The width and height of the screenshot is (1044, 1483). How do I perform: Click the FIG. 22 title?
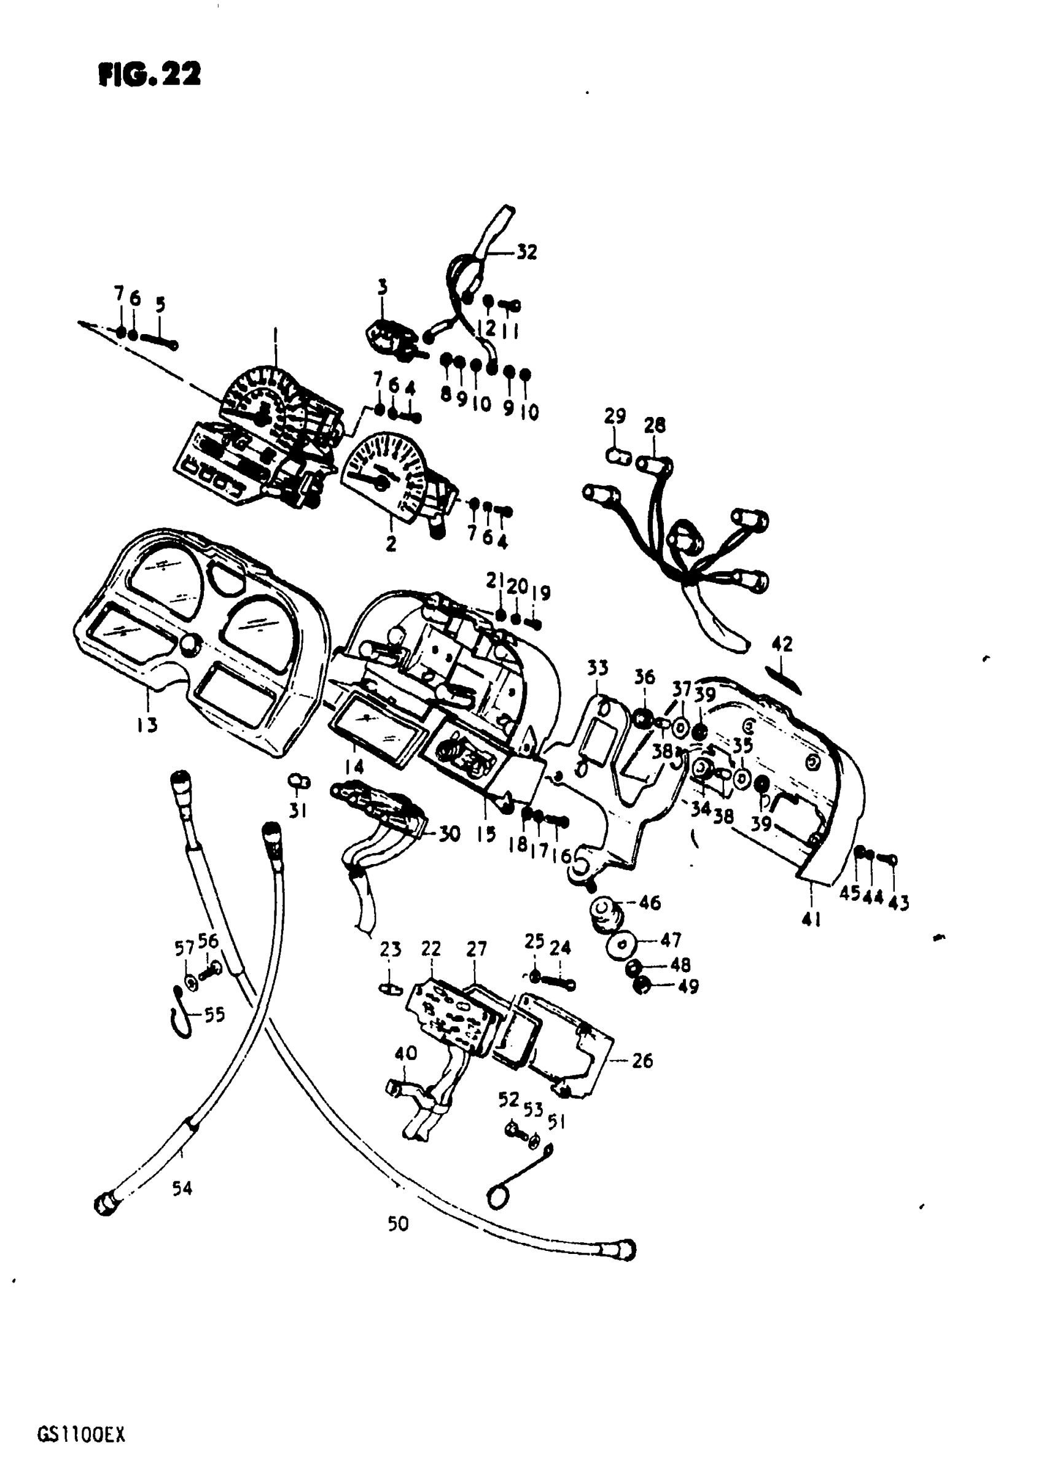[149, 75]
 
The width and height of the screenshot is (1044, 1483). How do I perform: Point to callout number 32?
[527, 252]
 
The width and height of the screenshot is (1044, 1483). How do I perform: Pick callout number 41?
[811, 919]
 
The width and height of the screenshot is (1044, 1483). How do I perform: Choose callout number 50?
[398, 1224]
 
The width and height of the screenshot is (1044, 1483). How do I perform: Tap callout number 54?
[182, 1187]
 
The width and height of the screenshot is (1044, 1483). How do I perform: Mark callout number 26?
[642, 1061]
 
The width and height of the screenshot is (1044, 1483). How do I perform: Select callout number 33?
[598, 668]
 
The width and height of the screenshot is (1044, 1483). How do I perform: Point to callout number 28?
[655, 425]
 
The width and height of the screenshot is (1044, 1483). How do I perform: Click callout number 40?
[406, 1054]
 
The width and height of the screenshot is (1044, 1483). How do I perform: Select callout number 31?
[298, 810]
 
